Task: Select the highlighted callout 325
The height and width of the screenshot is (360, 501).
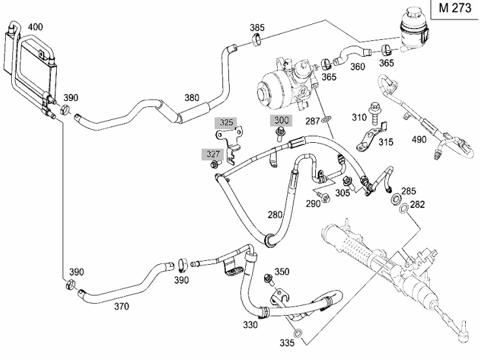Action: point(226,122)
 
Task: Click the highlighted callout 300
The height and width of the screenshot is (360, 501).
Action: point(281,120)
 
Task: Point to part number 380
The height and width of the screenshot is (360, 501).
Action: point(191,98)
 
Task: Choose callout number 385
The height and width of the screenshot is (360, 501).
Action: point(258,27)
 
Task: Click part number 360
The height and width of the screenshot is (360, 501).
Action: point(358,67)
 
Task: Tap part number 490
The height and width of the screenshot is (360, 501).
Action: point(419,140)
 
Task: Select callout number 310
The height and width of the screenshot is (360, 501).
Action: point(359,117)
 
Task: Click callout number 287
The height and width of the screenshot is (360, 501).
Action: point(313,121)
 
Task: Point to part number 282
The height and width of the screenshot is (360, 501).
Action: point(417,205)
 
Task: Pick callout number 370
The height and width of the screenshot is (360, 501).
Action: point(121,305)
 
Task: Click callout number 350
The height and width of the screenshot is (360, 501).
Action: point(282,271)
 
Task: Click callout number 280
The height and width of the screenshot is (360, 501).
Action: point(275,214)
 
